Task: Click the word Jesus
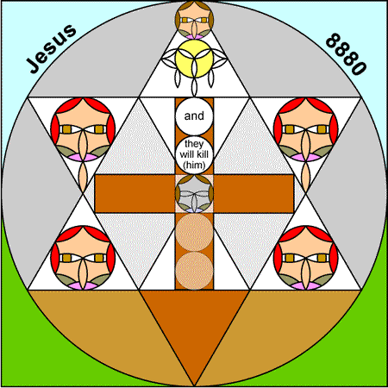coord(51,48)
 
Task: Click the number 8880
coord(347,54)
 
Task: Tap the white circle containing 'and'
coord(194,116)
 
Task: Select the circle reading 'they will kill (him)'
coord(194,155)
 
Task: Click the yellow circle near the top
coord(194,59)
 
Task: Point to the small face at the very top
coord(194,20)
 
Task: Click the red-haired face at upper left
coord(83,129)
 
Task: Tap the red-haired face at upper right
coord(306,129)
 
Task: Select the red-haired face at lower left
coord(83,258)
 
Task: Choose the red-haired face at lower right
coord(306,258)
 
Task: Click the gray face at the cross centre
coord(194,194)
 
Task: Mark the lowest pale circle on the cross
coord(194,271)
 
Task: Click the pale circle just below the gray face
coord(194,232)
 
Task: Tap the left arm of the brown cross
coord(135,194)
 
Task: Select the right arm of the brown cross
coord(253,194)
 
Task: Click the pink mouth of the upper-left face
coord(83,157)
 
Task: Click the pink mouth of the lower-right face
coord(306,285)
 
